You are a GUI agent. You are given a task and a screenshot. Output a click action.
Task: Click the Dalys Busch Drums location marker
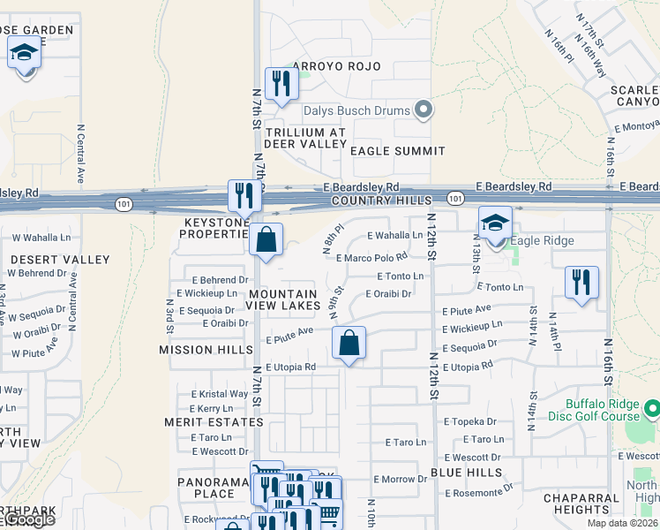tap(424, 110)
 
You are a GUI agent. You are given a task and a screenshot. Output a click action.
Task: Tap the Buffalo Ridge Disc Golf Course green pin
tap(652, 409)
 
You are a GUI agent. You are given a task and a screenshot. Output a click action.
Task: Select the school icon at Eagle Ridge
tap(495, 224)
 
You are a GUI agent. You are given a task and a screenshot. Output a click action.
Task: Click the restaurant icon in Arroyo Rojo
tap(281, 84)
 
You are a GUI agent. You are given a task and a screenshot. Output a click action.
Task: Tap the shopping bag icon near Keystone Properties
tap(265, 239)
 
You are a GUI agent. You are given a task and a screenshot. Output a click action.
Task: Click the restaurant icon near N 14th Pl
tap(581, 283)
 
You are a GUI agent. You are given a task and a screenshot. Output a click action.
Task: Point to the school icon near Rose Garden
tap(25, 55)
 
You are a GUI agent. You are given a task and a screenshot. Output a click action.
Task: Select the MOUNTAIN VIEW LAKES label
tap(282, 299)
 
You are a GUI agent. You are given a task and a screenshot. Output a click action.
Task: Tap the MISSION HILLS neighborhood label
tap(199, 350)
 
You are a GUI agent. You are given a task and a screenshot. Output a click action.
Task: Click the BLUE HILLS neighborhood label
tap(467, 473)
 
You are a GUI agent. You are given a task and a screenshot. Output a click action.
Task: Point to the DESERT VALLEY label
tap(60, 260)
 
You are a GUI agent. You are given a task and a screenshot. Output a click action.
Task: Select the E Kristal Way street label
tap(221, 394)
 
